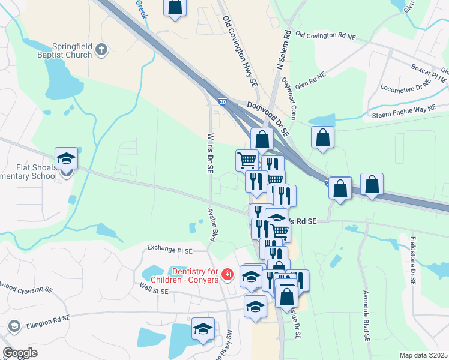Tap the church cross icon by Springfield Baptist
(x=102, y=50)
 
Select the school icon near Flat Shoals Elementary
(x=66, y=158)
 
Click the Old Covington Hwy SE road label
(x=240, y=50)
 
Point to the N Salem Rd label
(x=283, y=51)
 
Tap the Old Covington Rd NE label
(x=326, y=37)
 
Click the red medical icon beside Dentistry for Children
(x=228, y=275)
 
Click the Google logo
(x=20, y=353)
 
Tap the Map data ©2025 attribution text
(x=423, y=355)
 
